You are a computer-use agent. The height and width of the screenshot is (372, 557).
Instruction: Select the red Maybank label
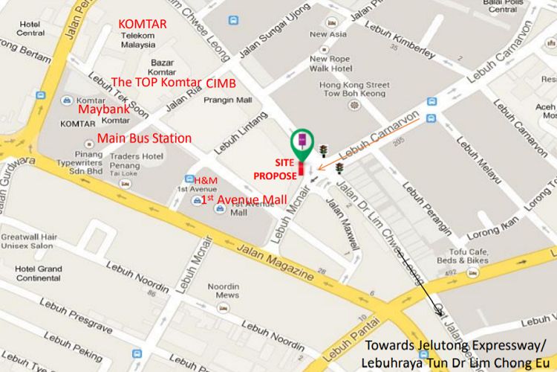(x=105, y=109)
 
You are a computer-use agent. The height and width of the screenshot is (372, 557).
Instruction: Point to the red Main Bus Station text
(x=144, y=138)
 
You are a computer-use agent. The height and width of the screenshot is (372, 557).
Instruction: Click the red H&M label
(x=206, y=181)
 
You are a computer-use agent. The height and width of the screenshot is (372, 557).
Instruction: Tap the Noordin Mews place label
(x=223, y=291)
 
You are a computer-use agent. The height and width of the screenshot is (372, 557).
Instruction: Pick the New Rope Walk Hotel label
(x=330, y=63)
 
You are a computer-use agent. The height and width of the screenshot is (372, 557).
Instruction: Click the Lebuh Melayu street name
(x=470, y=164)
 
